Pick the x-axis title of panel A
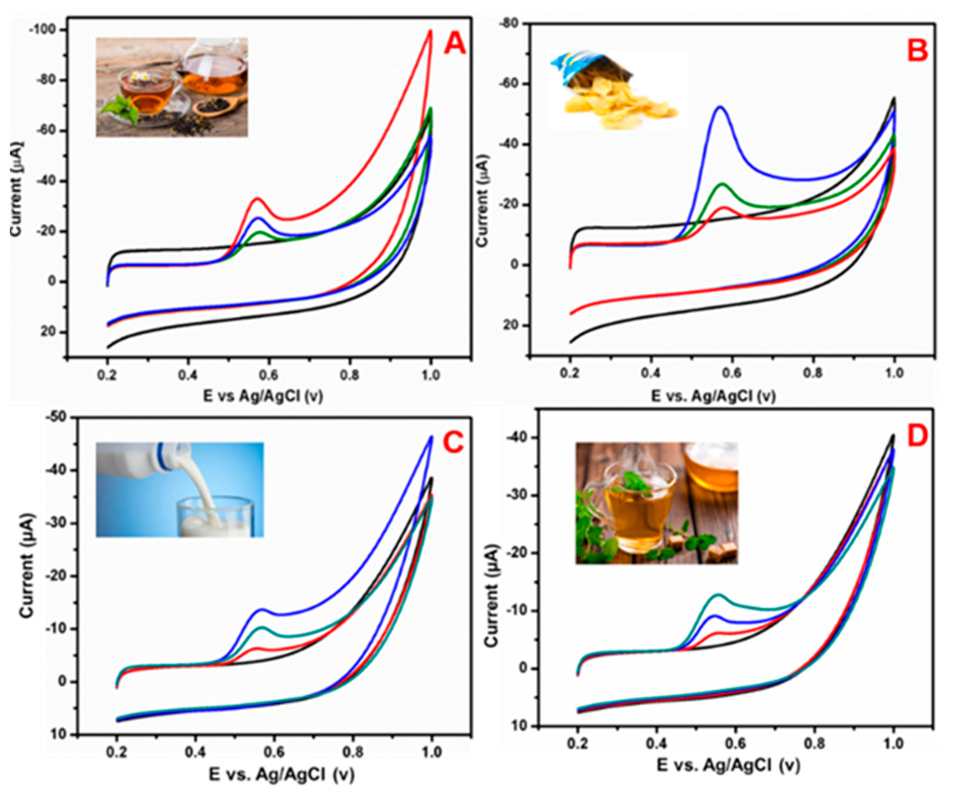(263, 397)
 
